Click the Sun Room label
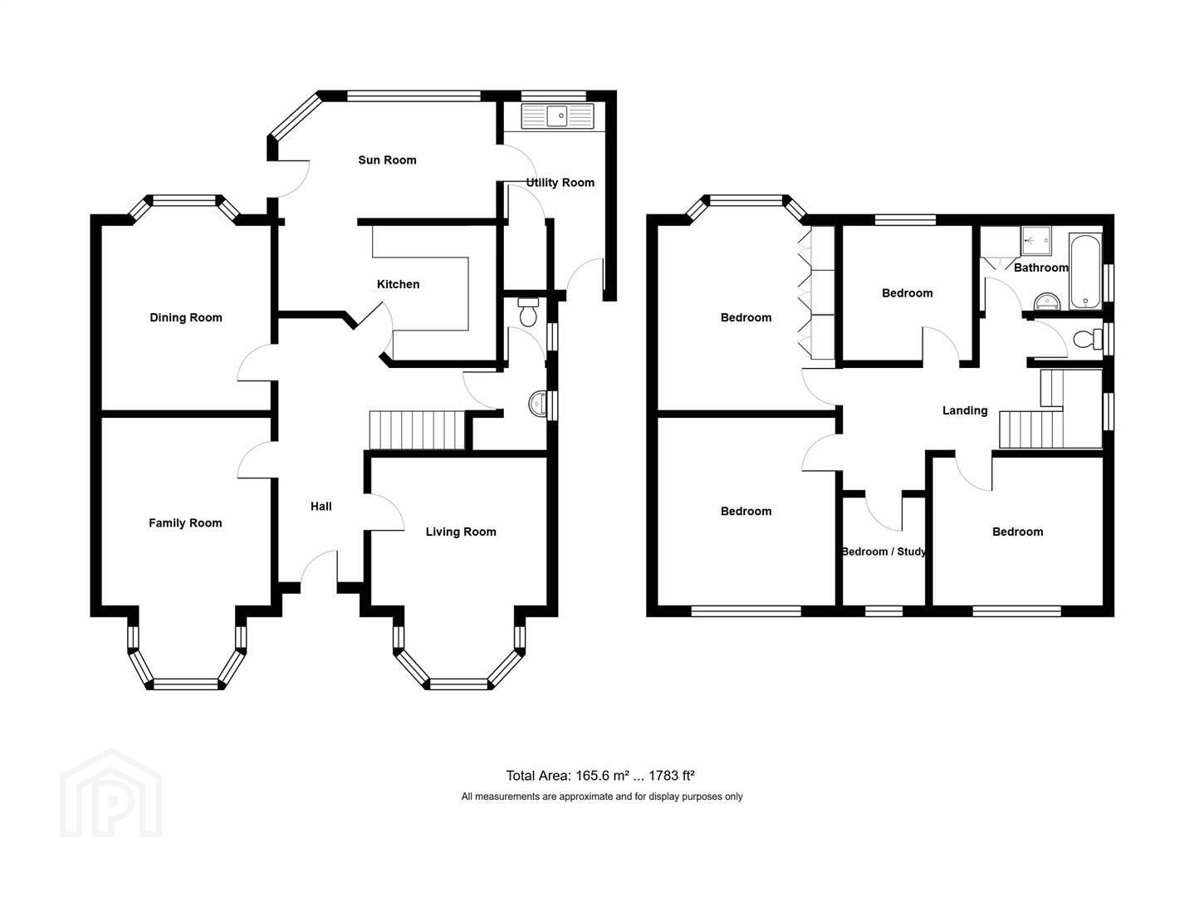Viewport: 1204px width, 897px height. [387, 160]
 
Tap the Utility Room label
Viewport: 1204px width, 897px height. [560, 183]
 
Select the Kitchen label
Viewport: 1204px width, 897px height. [398, 284]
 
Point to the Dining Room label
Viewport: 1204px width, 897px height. [186, 317]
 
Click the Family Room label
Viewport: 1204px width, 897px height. [185, 523]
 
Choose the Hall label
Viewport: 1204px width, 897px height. [321, 507]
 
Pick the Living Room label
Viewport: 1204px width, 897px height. [460, 532]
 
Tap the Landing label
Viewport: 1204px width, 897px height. [965, 410]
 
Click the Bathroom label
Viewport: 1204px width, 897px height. [1040, 267]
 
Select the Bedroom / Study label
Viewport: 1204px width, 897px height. [883, 551]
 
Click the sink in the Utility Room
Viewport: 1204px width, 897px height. [557, 116]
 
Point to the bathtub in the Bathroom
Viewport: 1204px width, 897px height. [1085, 271]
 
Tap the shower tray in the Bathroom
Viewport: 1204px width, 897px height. [1036, 241]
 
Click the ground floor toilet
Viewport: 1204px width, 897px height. [527, 311]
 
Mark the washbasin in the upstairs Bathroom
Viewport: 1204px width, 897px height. [1047, 301]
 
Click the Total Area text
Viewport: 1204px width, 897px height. [600, 776]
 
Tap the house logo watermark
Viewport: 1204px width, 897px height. [110, 794]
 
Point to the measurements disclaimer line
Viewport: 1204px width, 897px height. [601, 797]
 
